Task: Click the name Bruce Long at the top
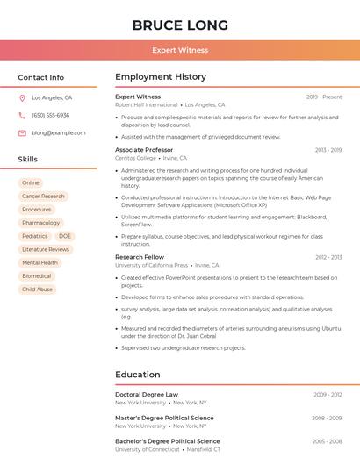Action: point(180,25)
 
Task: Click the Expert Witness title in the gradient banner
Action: point(180,50)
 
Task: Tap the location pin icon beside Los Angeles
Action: point(22,97)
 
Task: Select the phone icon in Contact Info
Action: point(22,115)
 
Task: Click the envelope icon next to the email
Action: point(22,132)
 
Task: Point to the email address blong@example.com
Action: point(59,132)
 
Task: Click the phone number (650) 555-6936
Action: point(51,115)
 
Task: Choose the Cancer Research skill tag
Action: point(43,197)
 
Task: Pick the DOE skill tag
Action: point(65,236)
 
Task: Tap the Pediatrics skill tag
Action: point(35,236)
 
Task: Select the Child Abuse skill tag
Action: point(37,289)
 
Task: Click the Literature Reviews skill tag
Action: point(46,249)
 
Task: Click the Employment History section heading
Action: point(161,77)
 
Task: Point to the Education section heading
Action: point(137,375)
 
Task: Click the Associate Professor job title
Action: point(144,150)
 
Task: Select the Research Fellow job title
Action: point(140,257)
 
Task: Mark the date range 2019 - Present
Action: point(324,97)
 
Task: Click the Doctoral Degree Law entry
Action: point(147,395)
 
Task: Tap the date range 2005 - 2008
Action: point(327,441)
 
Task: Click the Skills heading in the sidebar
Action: point(28,159)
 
